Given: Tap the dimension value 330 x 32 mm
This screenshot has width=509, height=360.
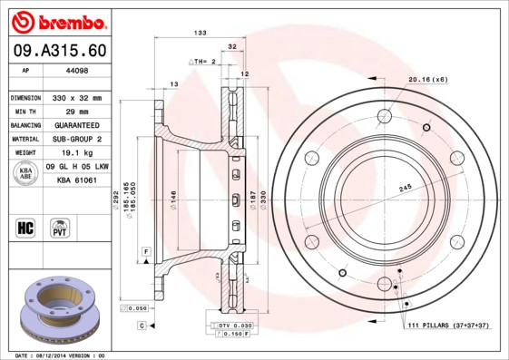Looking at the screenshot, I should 76,97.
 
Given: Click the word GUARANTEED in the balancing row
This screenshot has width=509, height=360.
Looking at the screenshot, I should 76,125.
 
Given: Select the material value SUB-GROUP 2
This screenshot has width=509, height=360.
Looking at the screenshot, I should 76,139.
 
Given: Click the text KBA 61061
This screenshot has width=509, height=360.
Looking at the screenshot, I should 76,181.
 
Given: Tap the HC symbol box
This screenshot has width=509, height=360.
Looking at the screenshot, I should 25,226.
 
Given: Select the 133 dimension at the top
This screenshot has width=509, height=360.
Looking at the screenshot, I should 201,33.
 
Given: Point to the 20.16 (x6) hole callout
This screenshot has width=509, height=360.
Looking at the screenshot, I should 427,80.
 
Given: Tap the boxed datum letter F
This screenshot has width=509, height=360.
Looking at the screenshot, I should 144,250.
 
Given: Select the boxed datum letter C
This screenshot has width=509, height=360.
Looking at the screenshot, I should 142,324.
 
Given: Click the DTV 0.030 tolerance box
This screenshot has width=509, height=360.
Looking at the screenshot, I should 232,325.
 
